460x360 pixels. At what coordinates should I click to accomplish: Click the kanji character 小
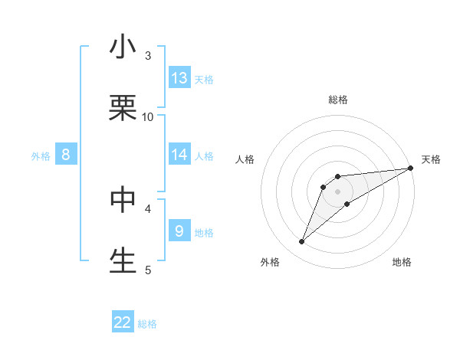(123, 47)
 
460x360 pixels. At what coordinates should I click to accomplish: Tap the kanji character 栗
(123, 108)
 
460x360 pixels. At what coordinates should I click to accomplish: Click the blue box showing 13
(179, 78)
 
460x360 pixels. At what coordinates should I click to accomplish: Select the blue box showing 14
(179, 155)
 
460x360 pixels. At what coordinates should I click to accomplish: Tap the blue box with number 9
(179, 231)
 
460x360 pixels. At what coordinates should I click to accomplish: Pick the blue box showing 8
(66, 155)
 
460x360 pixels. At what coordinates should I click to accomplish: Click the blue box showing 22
(123, 322)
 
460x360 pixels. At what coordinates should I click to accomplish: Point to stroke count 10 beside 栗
(148, 116)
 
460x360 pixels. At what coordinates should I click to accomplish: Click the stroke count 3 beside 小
(148, 55)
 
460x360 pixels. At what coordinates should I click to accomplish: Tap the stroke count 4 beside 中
(148, 208)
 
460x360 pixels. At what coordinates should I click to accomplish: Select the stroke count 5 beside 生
(148, 269)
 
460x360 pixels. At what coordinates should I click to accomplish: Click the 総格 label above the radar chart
(338, 100)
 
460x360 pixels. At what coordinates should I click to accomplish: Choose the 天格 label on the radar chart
(431, 159)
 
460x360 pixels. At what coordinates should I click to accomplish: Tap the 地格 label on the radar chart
(402, 262)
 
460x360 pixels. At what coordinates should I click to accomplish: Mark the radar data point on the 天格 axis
(411, 168)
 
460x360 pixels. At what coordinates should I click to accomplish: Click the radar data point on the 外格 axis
(302, 242)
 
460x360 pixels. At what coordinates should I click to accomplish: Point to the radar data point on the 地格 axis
(347, 204)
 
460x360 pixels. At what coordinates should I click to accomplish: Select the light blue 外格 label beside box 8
(41, 155)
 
